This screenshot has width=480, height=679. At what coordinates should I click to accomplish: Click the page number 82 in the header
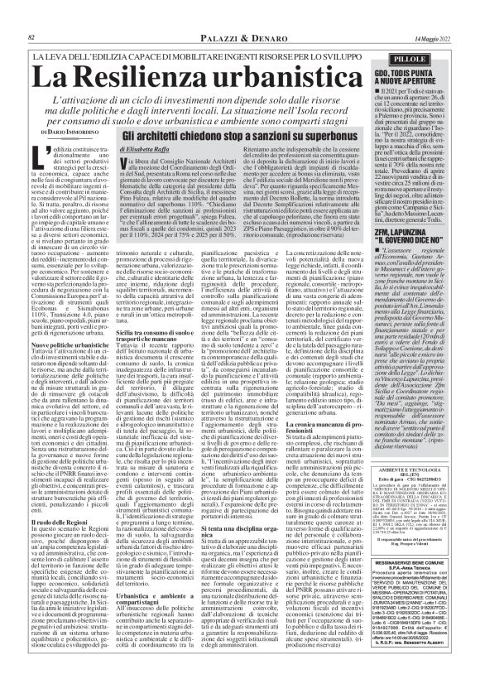pos(31,15)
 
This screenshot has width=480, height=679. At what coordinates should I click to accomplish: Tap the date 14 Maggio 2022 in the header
pos(431,15)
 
